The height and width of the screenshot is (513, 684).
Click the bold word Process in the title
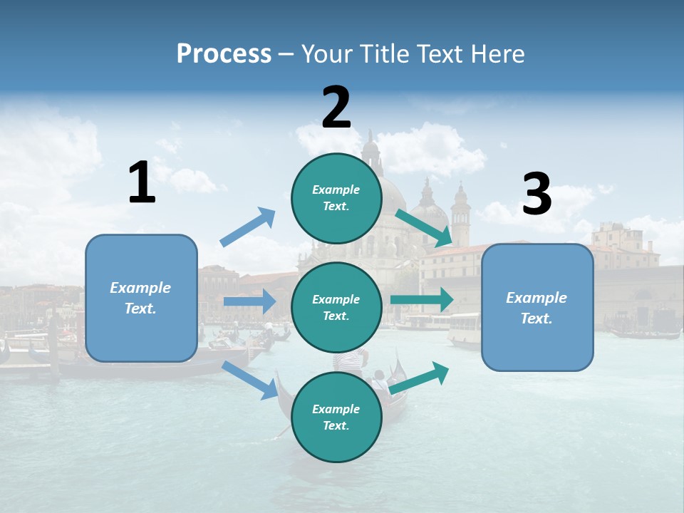pyautogui.click(x=224, y=53)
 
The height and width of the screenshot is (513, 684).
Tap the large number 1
pyautogui.click(x=142, y=183)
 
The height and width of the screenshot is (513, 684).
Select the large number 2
pyautogui.click(x=336, y=108)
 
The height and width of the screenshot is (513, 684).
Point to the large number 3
pyautogui.click(x=537, y=195)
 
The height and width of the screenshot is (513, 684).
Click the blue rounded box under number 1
pyautogui.click(x=141, y=298)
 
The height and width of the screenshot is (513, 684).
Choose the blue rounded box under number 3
pyautogui.click(x=537, y=307)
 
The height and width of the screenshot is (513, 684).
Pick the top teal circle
pyautogui.click(x=336, y=198)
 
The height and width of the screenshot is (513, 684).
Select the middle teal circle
pyautogui.click(x=336, y=307)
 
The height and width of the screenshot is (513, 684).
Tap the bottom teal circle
pyautogui.click(x=336, y=417)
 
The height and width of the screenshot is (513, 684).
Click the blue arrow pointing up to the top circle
pyautogui.click(x=248, y=227)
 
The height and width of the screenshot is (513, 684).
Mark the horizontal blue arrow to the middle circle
pyautogui.click(x=249, y=301)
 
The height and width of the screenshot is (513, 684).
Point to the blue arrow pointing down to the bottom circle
pyautogui.click(x=250, y=380)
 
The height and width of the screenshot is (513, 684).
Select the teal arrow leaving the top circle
pyautogui.click(x=424, y=228)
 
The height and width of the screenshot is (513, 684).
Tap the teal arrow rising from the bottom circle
pyautogui.click(x=420, y=375)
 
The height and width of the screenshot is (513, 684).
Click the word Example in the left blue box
pyautogui.click(x=140, y=288)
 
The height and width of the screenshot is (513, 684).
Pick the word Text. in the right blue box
pyautogui.click(x=537, y=318)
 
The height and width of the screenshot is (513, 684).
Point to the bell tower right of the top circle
pyautogui.click(x=460, y=214)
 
